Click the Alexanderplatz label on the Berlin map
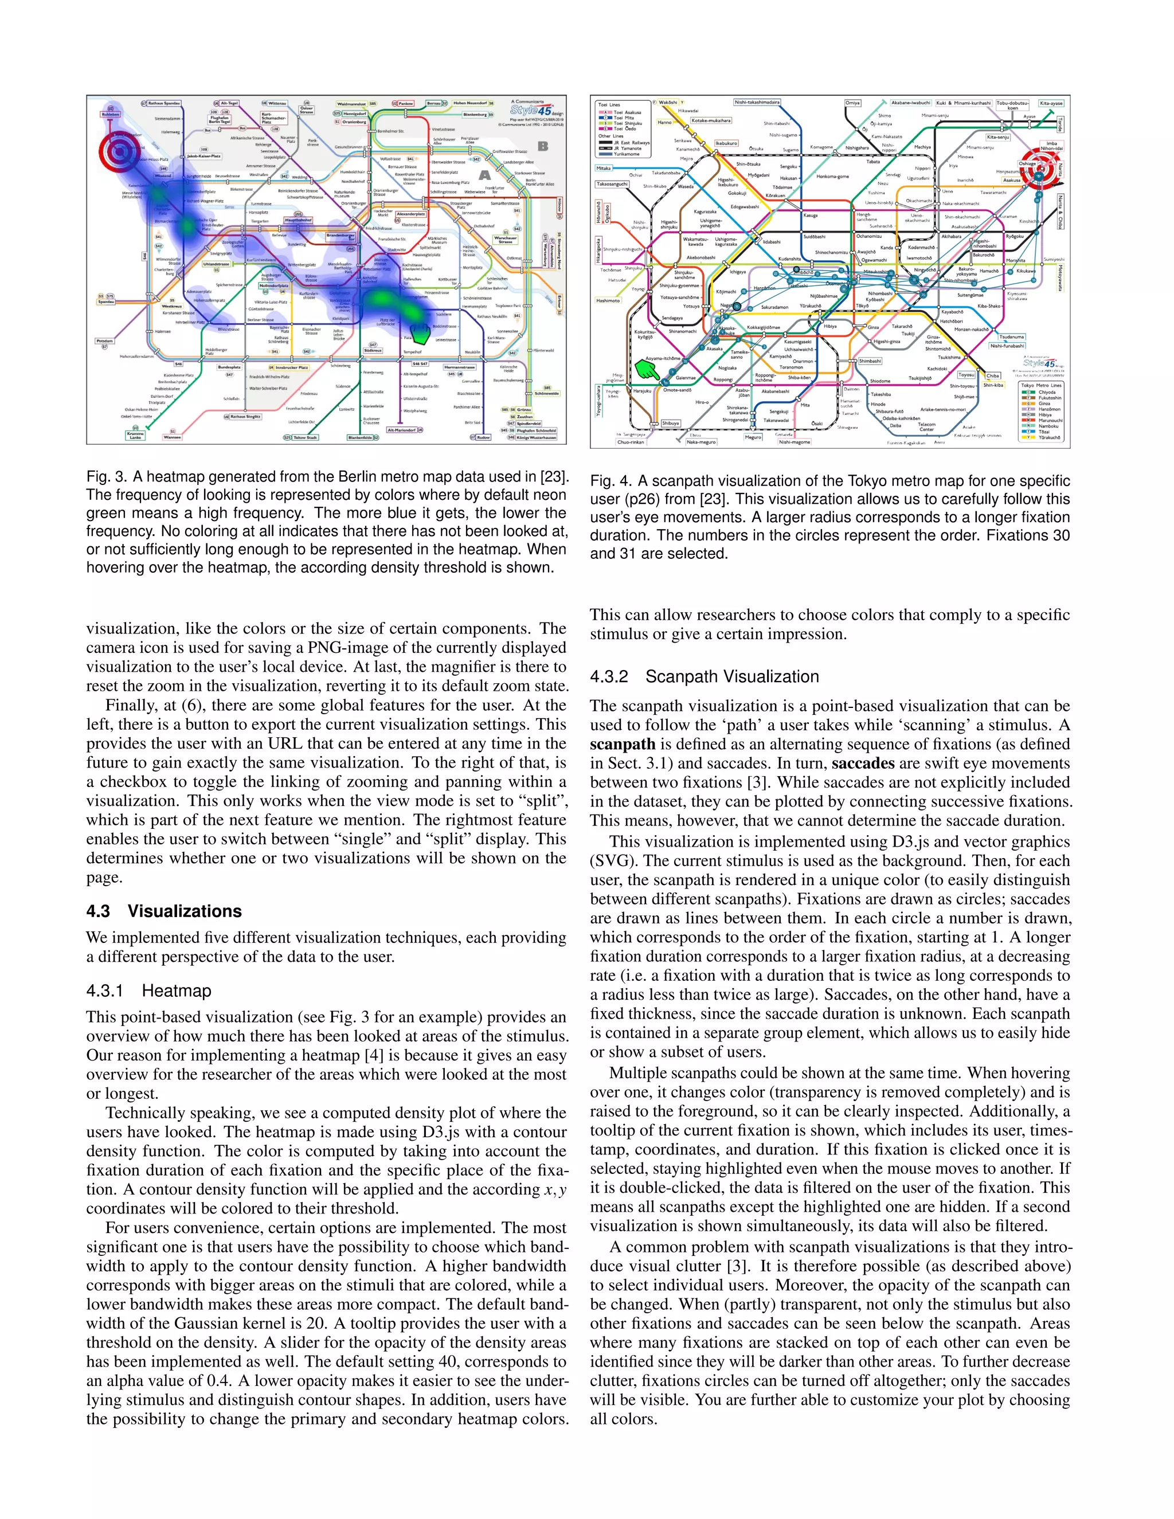coord(411,214)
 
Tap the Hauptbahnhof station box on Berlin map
coord(298,220)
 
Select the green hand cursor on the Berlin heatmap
coord(421,334)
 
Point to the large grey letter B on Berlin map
coord(542,147)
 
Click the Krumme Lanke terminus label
coord(136,436)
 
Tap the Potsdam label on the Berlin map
coord(105,341)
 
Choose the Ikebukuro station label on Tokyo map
coord(726,143)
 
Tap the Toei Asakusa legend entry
coord(626,112)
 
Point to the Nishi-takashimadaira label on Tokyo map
coord(757,102)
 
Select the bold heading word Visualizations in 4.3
coord(185,911)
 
